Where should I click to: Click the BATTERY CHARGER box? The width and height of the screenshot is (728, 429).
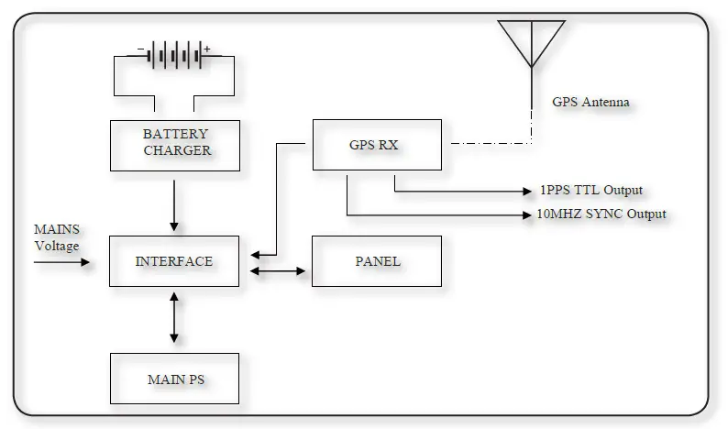pyautogui.click(x=174, y=145)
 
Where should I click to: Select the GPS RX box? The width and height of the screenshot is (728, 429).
pyautogui.click(x=376, y=144)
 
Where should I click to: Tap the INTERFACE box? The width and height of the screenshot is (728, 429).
pyautogui.click(x=174, y=261)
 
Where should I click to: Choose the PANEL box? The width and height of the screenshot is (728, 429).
pyautogui.click(x=376, y=261)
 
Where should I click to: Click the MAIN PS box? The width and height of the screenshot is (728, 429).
pyautogui.click(x=174, y=379)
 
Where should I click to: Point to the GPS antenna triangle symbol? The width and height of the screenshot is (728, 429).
pyautogui.click(x=532, y=40)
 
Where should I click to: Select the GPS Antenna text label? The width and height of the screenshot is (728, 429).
pyautogui.click(x=590, y=102)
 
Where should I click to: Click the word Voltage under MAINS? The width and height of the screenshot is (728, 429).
pyautogui.click(x=56, y=246)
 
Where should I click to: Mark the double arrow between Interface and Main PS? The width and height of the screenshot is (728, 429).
pyautogui.click(x=174, y=319)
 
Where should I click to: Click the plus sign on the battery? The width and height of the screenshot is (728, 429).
pyautogui.click(x=207, y=49)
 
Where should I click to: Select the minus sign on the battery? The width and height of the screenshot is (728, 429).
pyautogui.click(x=140, y=49)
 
